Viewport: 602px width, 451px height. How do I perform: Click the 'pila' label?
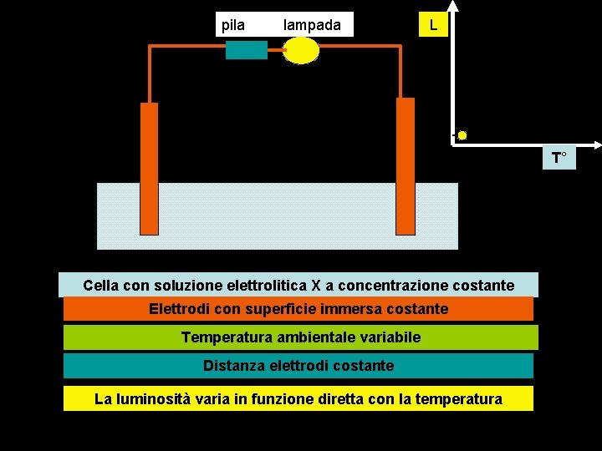[x=233, y=25]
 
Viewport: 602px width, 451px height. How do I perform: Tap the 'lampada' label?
[x=312, y=25]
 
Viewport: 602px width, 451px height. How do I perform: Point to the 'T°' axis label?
[x=559, y=157]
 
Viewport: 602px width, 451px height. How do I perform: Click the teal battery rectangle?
[x=247, y=50]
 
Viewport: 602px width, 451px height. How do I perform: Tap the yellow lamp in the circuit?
[x=302, y=50]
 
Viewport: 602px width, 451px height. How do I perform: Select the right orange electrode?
[x=405, y=167]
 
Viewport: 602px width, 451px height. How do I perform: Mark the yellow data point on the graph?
[x=462, y=135]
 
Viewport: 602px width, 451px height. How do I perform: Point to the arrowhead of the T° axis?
[x=595, y=144]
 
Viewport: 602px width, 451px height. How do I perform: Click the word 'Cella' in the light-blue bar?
[x=101, y=286]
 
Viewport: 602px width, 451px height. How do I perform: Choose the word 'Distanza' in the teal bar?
[x=231, y=366]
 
